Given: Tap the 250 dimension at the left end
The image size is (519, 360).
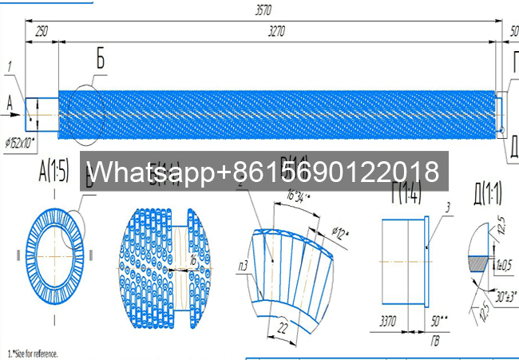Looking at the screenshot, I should click(42, 30).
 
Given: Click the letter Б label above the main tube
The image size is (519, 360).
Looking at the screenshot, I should click(101, 58).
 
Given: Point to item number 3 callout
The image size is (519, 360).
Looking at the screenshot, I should click(448, 207).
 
